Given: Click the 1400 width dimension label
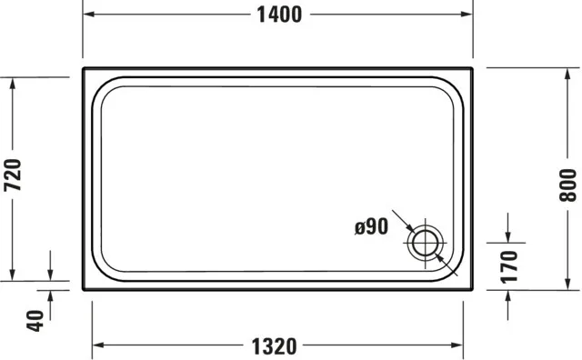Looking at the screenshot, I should [x=279, y=15].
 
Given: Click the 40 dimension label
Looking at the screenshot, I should [x=35, y=320].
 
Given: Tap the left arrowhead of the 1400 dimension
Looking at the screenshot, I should [x=89, y=15].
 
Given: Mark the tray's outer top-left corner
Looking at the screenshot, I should [x=84, y=68].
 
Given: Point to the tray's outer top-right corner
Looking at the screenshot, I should [x=472, y=68].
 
